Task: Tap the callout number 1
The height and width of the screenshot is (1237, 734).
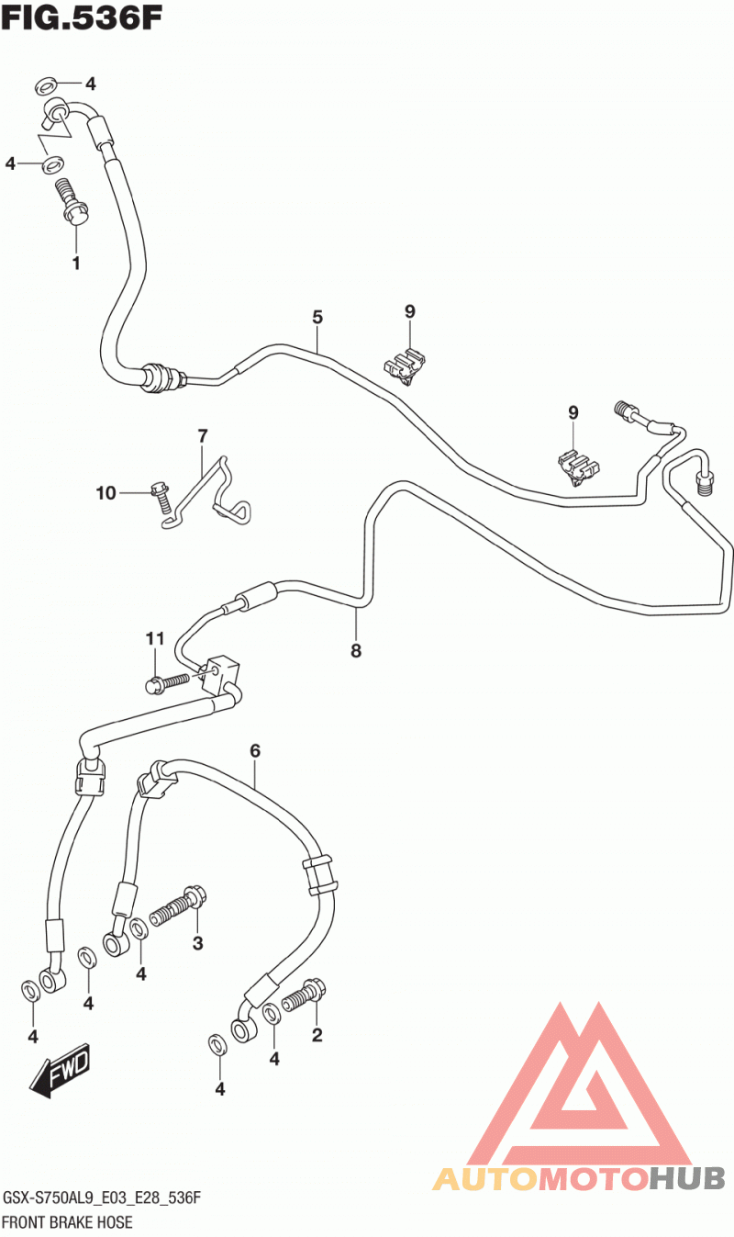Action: click(76, 264)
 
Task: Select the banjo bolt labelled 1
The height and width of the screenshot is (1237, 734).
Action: click(73, 202)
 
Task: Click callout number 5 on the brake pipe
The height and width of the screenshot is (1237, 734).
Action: click(317, 317)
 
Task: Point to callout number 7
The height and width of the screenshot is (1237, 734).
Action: click(203, 436)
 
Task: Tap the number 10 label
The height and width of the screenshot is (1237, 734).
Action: click(106, 492)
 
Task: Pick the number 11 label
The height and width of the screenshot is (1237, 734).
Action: click(155, 639)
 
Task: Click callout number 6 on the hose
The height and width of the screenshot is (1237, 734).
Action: click(255, 750)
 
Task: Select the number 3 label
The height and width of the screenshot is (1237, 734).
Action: click(198, 943)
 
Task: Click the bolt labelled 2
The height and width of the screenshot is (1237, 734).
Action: click(304, 995)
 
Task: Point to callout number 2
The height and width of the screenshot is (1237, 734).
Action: click(317, 1034)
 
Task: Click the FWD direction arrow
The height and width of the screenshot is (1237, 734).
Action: click(60, 1070)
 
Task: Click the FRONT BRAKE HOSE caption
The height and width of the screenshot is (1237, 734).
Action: click(68, 1222)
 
